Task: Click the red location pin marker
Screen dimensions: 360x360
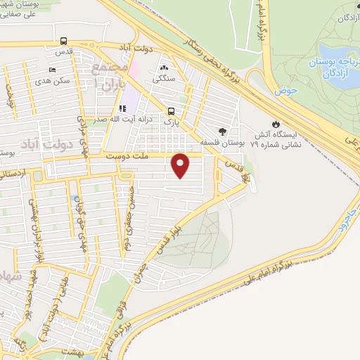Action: pos(181,165)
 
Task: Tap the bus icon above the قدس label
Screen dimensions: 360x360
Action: pos(64,41)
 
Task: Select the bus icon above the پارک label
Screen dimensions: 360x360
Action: pos(170,110)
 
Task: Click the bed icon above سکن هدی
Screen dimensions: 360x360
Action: pos(53,70)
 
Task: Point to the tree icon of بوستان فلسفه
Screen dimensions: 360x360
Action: pos(223,131)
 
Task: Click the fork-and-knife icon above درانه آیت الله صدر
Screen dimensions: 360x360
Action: pos(122,108)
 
